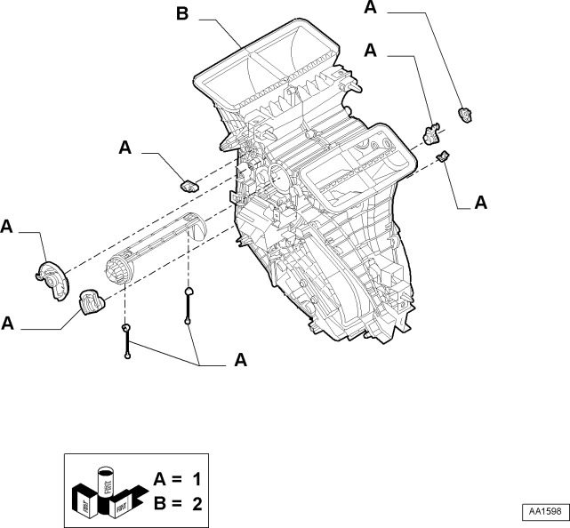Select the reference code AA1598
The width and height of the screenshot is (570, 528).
click(x=542, y=512)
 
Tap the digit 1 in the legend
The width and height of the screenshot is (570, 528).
click(x=197, y=479)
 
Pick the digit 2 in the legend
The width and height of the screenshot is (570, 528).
click(x=197, y=503)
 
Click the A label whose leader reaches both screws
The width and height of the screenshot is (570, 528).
click(x=239, y=360)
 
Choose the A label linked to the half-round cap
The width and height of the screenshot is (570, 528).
click(x=7, y=228)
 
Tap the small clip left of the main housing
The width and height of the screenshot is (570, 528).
click(x=189, y=185)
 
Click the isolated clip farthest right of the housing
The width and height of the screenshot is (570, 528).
click(x=463, y=113)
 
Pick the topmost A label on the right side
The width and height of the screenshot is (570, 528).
click(x=371, y=8)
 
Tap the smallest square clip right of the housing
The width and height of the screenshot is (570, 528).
click(x=442, y=157)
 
